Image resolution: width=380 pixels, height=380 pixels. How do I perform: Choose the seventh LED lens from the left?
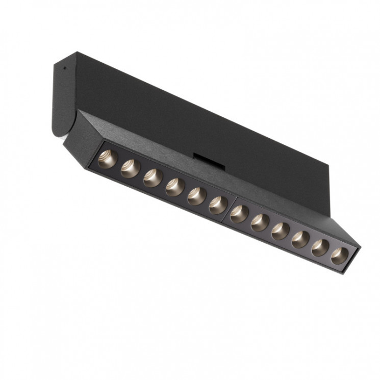pyautogui.click(x=238, y=213)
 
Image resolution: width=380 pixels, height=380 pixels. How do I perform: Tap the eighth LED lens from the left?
pyautogui.click(x=259, y=222)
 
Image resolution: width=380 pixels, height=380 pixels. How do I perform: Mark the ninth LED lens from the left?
pyautogui.click(x=280, y=231)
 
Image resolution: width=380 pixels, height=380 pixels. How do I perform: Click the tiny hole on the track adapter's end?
pyautogui.click(x=63, y=67)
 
